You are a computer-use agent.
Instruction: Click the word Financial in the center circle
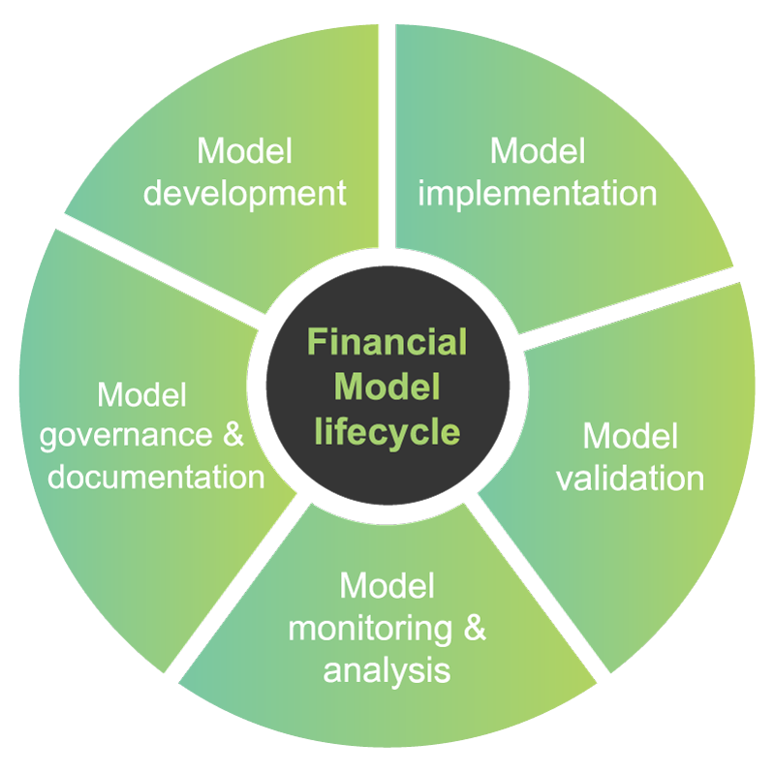pyautogui.click(x=387, y=342)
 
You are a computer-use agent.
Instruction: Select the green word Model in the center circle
pyautogui.click(x=387, y=387)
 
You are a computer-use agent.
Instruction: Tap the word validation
pyautogui.click(x=631, y=478)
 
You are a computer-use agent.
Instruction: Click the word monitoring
pyautogui.click(x=370, y=628)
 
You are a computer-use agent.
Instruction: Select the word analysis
pyautogui.click(x=387, y=669)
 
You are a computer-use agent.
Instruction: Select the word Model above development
pyautogui.click(x=244, y=151)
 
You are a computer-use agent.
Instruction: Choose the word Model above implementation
pyautogui.click(x=538, y=151)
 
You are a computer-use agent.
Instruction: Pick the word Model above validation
pyautogui.click(x=631, y=436)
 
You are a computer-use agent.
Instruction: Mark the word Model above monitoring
pyautogui.click(x=387, y=586)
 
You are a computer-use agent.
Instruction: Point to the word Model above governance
pyautogui.click(x=142, y=395)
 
